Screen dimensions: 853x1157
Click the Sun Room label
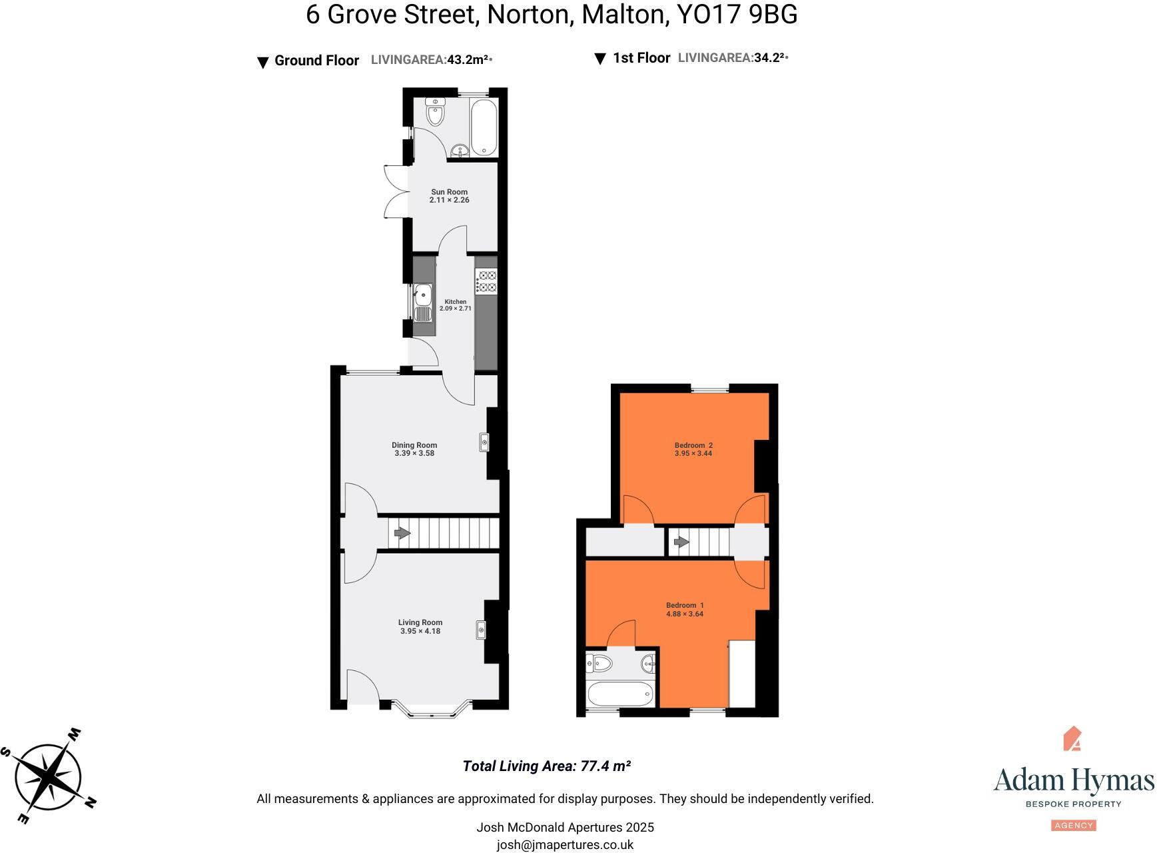(x=449, y=192)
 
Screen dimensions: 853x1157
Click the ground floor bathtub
(x=483, y=127)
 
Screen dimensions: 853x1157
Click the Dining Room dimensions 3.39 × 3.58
(x=414, y=454)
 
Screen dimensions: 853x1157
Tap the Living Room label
(x=420, y=622)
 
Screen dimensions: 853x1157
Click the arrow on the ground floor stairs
(x=402, y=533)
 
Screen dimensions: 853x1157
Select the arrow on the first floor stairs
(x=681, y=542)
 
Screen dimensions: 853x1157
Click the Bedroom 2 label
(x=693, y=445)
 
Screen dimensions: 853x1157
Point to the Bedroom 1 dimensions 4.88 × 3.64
(x=685, y=614)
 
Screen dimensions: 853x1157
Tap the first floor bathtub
(x=619, y=694)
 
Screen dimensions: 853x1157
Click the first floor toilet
(x=600, y=663)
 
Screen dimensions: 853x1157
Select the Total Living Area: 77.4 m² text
(x=546, y=766)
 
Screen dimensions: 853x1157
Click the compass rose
(x=49, y=776)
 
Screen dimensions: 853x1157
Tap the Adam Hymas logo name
(x=1073, y=780)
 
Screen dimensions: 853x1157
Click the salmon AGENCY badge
(x=1074, y=826)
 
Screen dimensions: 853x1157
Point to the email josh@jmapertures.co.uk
(x=565, y=845)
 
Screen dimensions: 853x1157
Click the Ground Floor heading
(x=316, y=61)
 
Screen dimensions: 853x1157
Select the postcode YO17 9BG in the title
(x=737, y=15)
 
